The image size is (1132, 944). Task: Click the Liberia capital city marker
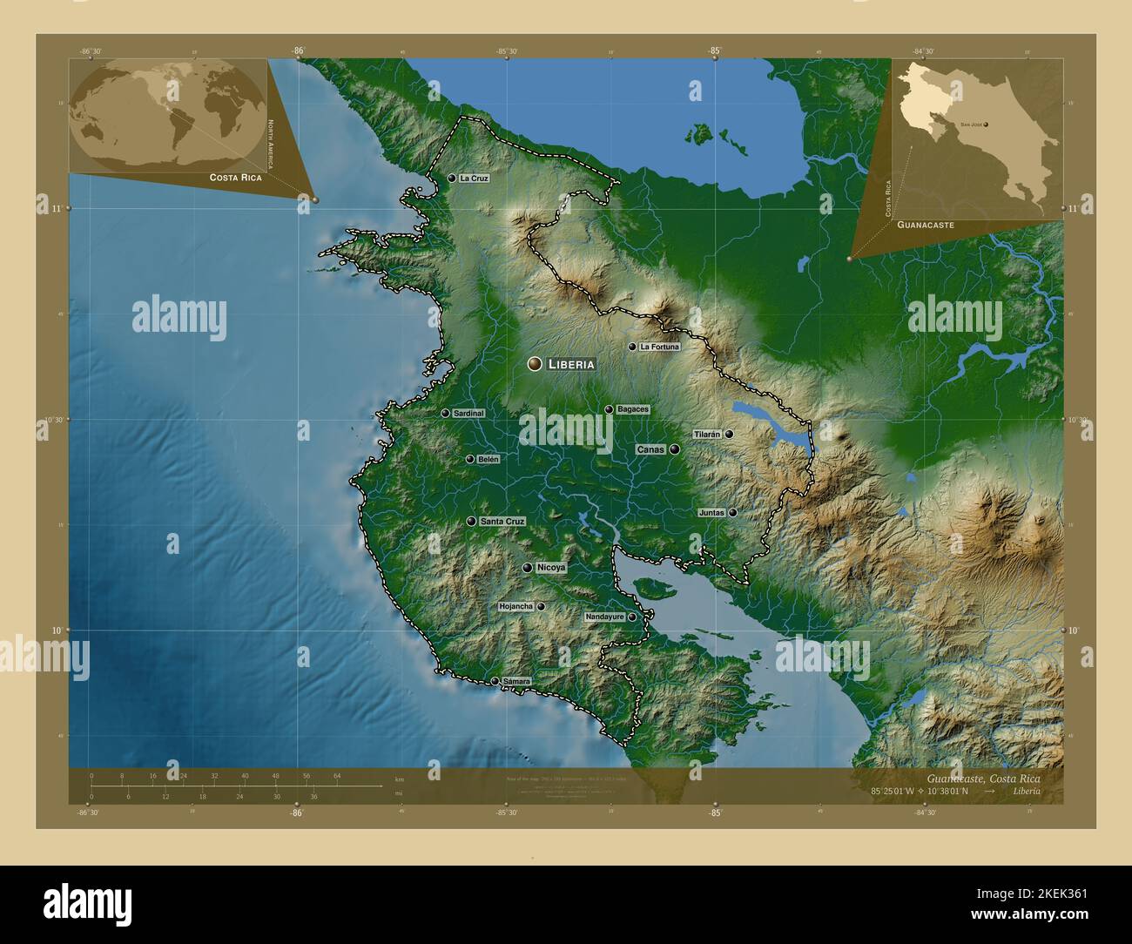point(535,364)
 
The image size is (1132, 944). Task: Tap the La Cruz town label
point(474,178)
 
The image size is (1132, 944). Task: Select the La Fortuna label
point(659,347)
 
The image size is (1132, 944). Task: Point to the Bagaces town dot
point(610,409)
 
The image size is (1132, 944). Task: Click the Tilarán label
point(707,434)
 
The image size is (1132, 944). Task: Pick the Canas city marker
point(674,449)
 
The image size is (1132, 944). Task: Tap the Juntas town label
point(711,513)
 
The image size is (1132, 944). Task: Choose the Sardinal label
point(468,414)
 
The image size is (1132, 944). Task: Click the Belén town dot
point(470,459)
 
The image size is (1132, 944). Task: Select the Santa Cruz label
point(502,522)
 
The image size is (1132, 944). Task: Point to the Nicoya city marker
point(528,568)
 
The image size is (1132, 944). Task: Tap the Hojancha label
point(515,606)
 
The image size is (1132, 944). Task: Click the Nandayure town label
point(605,617)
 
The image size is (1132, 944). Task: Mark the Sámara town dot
point(495,681)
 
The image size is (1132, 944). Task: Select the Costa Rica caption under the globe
point(235,177)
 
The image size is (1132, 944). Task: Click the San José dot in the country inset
point(986,125)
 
